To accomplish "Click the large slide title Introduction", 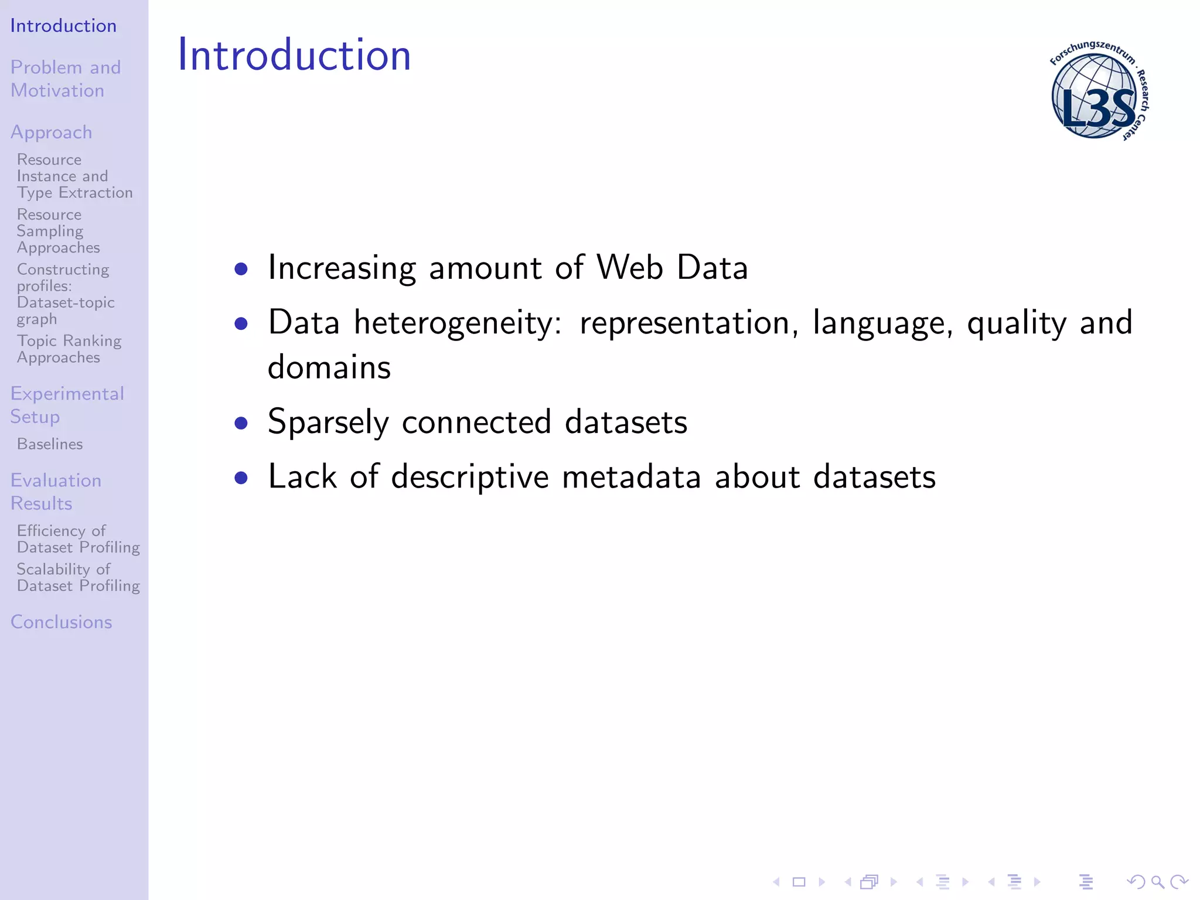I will (x=294, y=55).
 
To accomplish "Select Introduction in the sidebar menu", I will (x=63, y=26).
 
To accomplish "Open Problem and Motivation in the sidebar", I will (x=65, y=79).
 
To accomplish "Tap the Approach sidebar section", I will (x=52, y=132).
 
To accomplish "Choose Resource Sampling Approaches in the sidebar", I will (x=58, y=231).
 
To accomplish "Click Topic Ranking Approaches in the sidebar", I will (x=69, y=349).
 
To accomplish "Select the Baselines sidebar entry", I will (x=50, y=444).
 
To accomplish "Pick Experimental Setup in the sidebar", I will (x=67, y=405).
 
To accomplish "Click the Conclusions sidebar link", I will (x=61, y=622).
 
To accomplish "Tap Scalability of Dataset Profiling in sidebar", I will (x=78, y=577).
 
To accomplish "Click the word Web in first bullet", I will (x=630, y=268).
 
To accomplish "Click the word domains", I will (x=329, y=368).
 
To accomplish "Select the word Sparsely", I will (x=328, y=422).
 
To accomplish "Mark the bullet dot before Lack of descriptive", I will (x=241, y=478).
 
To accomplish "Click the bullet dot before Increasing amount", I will (x=241, y=269).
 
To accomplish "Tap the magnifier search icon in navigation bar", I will (x=1157, y=882).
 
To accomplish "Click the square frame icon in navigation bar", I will (x=799, y=882).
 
